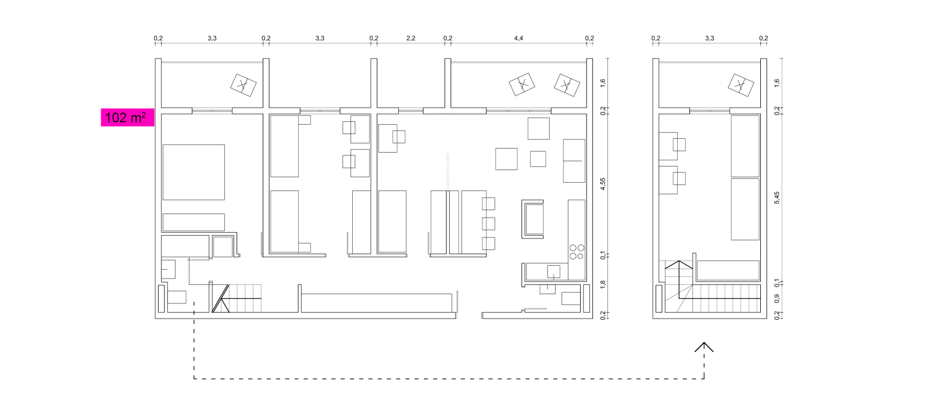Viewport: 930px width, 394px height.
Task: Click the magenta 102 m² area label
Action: point(127,118)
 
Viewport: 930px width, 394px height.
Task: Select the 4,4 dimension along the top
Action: point(518,38)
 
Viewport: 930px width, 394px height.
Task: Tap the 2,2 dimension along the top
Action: point(410,38)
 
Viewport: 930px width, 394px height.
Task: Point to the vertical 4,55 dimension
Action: point(603,184)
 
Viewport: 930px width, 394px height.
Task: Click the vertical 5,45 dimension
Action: point(777,198)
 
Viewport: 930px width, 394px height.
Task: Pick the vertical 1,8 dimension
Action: point(603,285)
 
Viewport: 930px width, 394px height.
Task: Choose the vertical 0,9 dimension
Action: point(777,298)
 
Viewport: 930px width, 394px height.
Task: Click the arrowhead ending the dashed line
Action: point(704,347)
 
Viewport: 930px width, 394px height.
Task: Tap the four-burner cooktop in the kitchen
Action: point(577,252)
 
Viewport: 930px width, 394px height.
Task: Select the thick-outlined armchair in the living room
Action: point(532,219)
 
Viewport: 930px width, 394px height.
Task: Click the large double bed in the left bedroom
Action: point(194,172)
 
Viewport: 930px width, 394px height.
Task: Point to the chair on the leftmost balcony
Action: point(244,85)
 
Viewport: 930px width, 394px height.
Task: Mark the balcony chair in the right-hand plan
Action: point(741,85)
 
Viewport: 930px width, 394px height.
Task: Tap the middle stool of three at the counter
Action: point(488,224)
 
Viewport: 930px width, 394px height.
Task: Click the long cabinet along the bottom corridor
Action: point(377,303)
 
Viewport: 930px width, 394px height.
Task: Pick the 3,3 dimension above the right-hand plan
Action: point(710,38)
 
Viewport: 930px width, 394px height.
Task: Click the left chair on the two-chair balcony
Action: point(522,85)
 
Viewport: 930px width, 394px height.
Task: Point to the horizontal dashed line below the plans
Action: point(449,379)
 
